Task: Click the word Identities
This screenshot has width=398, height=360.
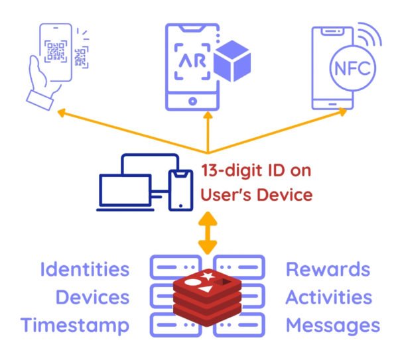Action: pos(84,270)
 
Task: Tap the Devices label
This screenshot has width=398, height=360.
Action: pos(92,298)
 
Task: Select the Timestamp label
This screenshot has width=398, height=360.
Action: pos(74,326)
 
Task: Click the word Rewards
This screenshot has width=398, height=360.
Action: pos(328,270)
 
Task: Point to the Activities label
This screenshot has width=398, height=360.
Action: pos(328,298)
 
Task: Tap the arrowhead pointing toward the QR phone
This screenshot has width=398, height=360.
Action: pos(61,113)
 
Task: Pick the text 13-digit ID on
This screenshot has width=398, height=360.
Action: pos(255,170)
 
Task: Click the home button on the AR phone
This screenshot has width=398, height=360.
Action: pos(193,101)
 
